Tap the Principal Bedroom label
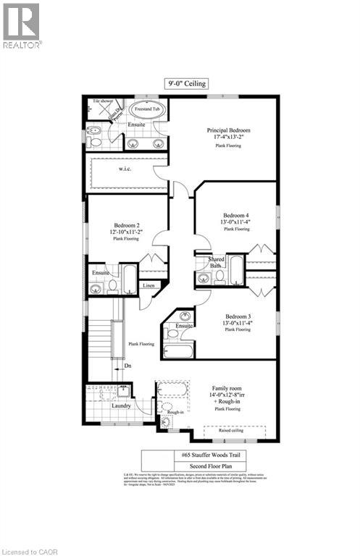coord(228,130)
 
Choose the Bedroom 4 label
coord(238,216)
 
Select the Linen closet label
coord(148,286)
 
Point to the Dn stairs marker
coord(127,366)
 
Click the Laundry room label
coord(121,406)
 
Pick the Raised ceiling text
coord(234,430)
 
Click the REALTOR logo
coord(22,25)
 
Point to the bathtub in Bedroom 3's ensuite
coord(177,351)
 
